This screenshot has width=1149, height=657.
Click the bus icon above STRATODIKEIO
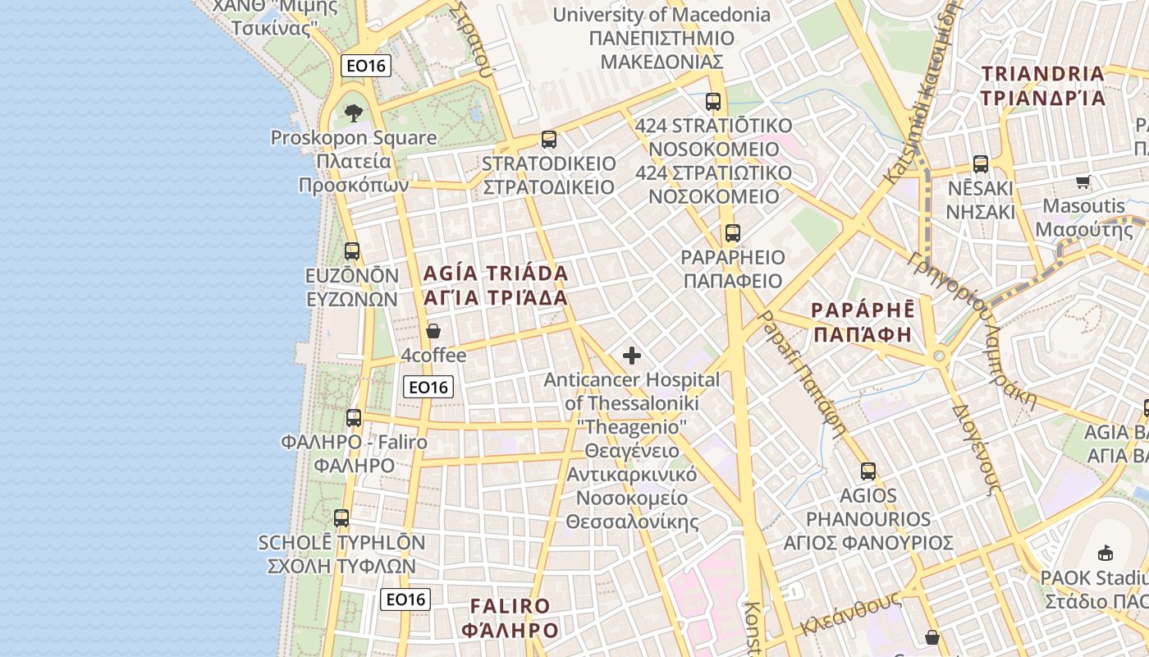[548, 140]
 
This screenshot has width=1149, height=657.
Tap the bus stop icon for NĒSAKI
[980, 163]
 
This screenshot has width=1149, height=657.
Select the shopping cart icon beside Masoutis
[1083, 181]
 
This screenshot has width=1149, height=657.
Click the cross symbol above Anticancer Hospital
[631, 356]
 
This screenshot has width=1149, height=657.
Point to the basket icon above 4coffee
[433, 331]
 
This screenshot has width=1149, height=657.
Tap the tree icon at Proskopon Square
[354, 113]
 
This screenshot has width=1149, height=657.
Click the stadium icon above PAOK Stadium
[1105, 552]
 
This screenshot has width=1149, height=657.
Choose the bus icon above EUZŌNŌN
[352, 251]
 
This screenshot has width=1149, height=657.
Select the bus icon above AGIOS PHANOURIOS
[868, 471]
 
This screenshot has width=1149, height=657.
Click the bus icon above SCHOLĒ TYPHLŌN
[341, 518]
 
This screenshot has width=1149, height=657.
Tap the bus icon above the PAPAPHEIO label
[732, 233]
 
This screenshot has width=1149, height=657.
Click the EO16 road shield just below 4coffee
[428, 387]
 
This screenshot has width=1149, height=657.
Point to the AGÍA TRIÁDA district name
[496, 285]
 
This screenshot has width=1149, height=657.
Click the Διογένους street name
[976, 448]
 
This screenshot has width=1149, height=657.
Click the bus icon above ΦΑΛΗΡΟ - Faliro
[354, 417]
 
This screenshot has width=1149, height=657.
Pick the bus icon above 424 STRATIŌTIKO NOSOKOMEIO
[712, 102]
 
